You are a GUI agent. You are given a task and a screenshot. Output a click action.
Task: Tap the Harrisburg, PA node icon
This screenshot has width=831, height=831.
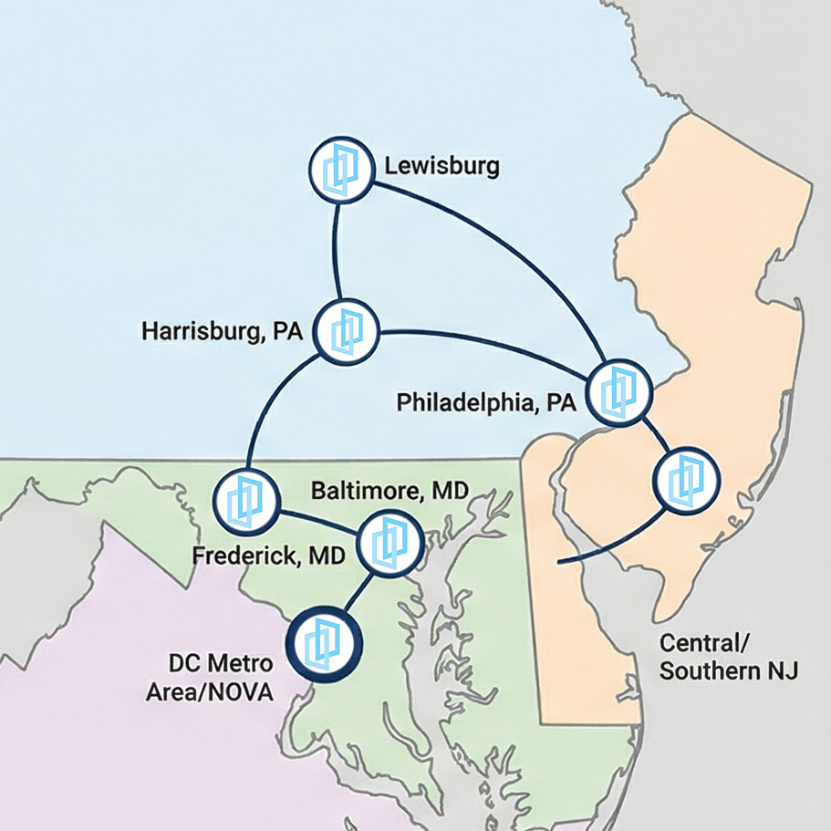pyautogui.click(x=347, y=331)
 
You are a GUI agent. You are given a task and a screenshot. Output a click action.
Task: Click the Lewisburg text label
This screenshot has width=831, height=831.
pyautogui.click(x=441, y=166)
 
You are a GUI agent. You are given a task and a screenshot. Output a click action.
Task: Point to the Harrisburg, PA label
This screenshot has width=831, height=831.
pyautogui.click(x=222, y=330)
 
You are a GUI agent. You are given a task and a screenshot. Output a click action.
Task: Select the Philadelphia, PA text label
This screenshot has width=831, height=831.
pyautogui.click(x=486, y=402)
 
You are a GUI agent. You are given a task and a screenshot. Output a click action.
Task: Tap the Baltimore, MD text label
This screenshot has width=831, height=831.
pyautogui.click(x=390, y=491)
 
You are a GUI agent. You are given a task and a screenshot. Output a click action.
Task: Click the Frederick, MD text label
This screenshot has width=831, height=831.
pyautogui.click(x=268, y=555)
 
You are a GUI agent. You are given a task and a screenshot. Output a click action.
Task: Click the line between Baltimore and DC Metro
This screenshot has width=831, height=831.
pyautogui.click(x=357, y=594)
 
